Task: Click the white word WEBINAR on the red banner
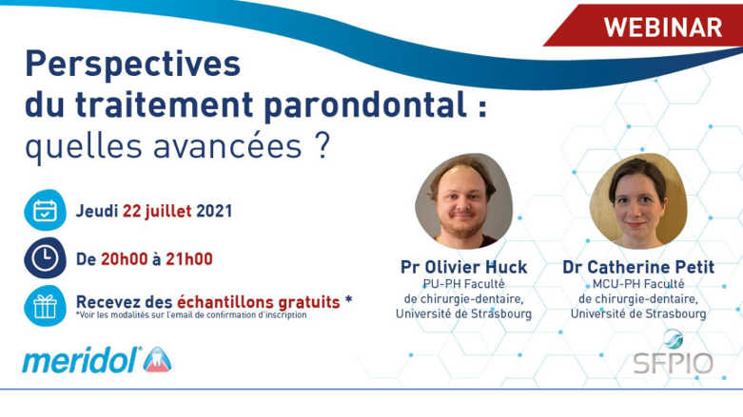[663, 27]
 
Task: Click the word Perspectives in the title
[132, 65]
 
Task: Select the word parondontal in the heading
[365, 106]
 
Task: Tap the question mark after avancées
[322, 145]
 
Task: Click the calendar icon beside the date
[46, 210]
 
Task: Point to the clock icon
[46, 258]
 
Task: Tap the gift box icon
[46, 306]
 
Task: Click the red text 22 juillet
[157, 211]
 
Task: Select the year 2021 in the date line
[214, 211]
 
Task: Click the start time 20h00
[124, 259]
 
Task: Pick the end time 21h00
[189, 259]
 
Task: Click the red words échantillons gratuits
[258, 302]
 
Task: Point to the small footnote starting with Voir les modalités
[191, 314]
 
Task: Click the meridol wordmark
[82, 361]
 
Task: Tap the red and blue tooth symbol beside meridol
[158, 360]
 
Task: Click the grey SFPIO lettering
[673, 364]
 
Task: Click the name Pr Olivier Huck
[464, 267]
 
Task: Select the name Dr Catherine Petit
[638, 267]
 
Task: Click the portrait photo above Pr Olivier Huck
[464, 200]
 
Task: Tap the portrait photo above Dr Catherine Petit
[638, 200]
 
